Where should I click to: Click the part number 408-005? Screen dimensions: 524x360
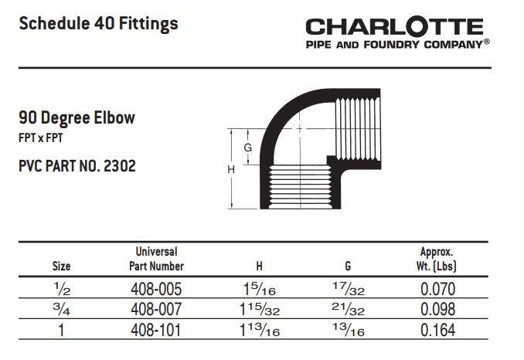pos(156,289)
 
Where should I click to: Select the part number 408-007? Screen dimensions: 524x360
pos(156,309)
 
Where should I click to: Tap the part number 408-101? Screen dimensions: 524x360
pos(155,331)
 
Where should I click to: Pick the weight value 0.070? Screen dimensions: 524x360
pos(437,289)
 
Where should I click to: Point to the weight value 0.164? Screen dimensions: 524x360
pos(437,331)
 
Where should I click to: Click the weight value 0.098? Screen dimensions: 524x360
pos(437,309)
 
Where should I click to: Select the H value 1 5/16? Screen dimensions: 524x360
pos(260,289)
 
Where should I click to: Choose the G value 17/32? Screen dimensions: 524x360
pos(349,289)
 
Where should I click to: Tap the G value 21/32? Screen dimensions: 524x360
pos(349,310)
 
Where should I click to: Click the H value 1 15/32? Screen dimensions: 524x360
pos(260,310)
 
